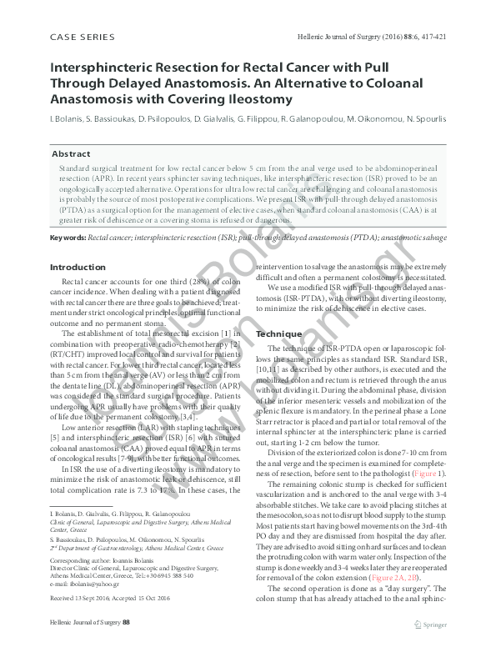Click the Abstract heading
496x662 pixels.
point(71,154)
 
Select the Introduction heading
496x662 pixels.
point(78,267)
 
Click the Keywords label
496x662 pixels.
point(68,238)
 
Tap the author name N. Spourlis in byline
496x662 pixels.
point(424,119)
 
